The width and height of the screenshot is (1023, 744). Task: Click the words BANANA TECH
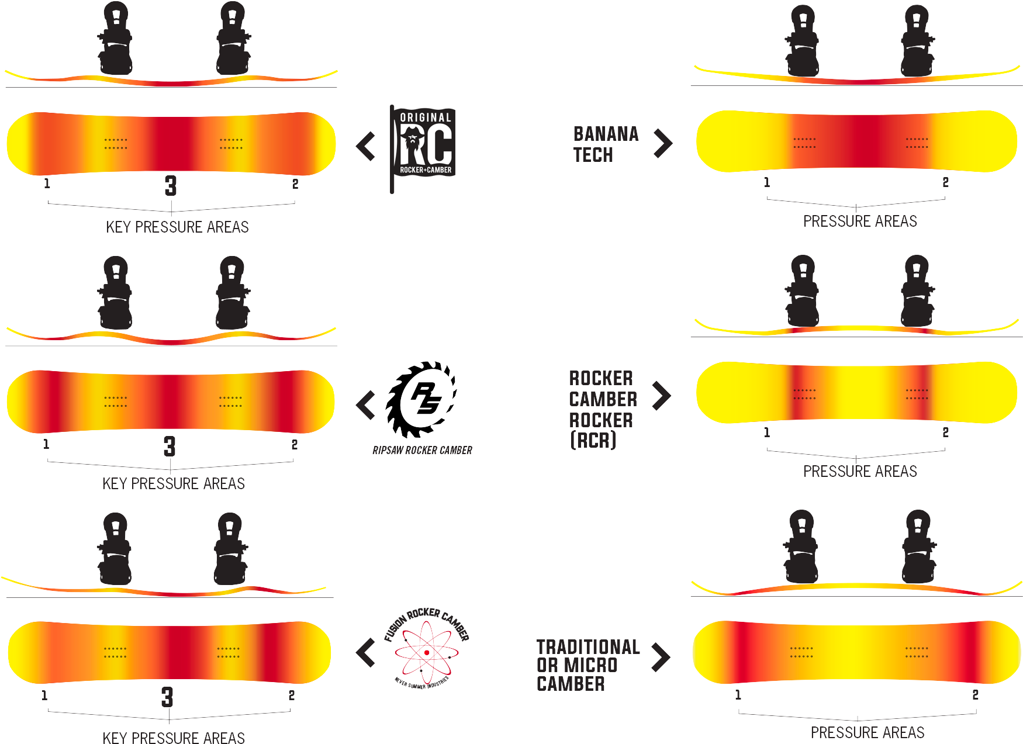click(606, 144)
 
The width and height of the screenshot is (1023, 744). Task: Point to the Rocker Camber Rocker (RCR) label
click(602, 409)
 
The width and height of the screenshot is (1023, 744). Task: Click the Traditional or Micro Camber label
click(587, 665)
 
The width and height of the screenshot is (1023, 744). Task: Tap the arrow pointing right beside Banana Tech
click(663, 143)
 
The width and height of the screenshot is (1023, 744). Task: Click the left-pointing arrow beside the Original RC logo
click(366, 146)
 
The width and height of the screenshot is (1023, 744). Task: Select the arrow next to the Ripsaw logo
click(366, 404)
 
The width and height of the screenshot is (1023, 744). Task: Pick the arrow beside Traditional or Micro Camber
click(661, 657)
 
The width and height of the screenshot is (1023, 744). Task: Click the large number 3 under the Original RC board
click(170, 186)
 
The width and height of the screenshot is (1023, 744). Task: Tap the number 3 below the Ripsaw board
click(169, 447)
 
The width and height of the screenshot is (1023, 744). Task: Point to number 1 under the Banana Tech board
click(766, 182)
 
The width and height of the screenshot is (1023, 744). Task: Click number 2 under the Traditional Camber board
click(975, 695)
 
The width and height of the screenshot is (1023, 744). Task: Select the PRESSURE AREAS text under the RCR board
click(860, 472)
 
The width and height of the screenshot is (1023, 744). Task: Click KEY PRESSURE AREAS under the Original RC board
click(178, 227)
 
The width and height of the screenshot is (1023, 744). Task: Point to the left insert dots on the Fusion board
click(114, 652)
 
